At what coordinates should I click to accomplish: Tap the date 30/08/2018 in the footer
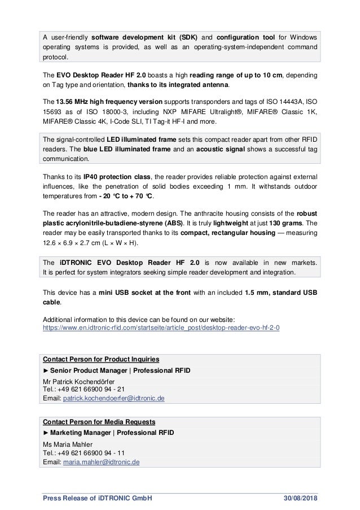(x=300, y=498)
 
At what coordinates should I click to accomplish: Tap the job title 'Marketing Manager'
(x=82, y=433)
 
